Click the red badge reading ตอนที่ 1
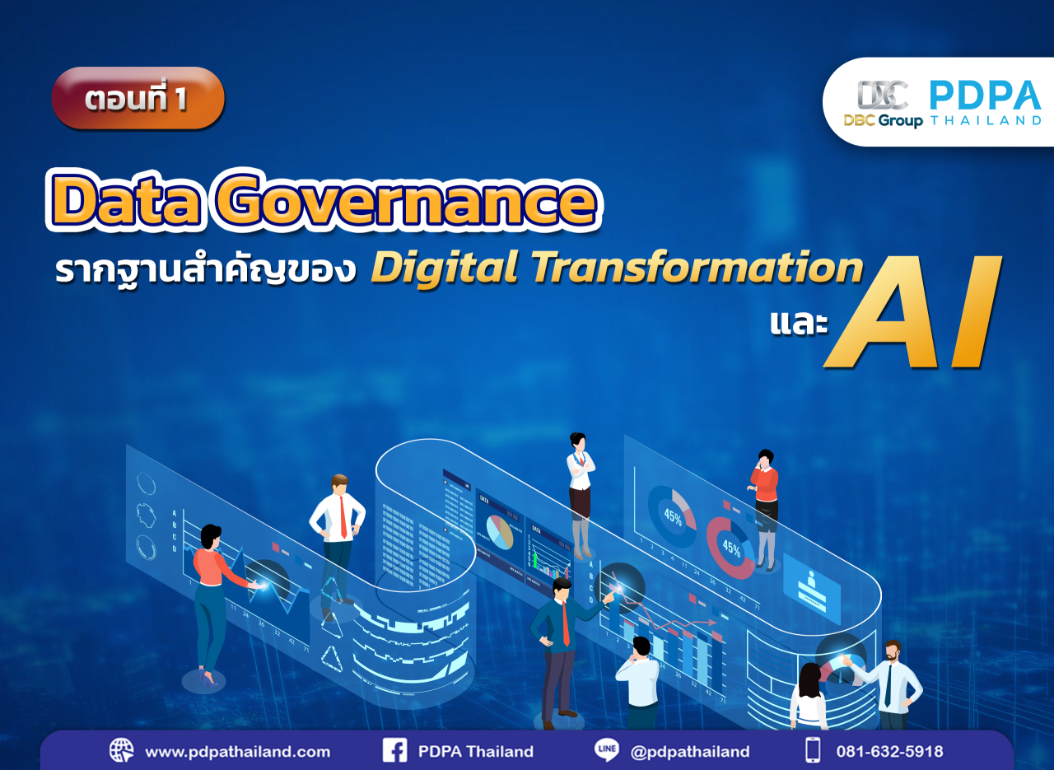pyautogui.click(x=138, y=98)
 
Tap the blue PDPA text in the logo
pyautogui.click(x=985, y=95)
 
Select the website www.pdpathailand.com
pyautogui.click(x=237, y=751)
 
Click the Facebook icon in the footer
pyautogui.click(x=394, y=750)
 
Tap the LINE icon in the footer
pyautogui.click(x=606, y=750)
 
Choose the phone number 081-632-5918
pyautogui.click(x=889, y=751)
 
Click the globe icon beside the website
pyautogui.click(x=121, y=750)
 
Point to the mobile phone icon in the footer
pyautogui.click(x=813, y=750)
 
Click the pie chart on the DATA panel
pyautogui.click(x=499, y=532)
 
